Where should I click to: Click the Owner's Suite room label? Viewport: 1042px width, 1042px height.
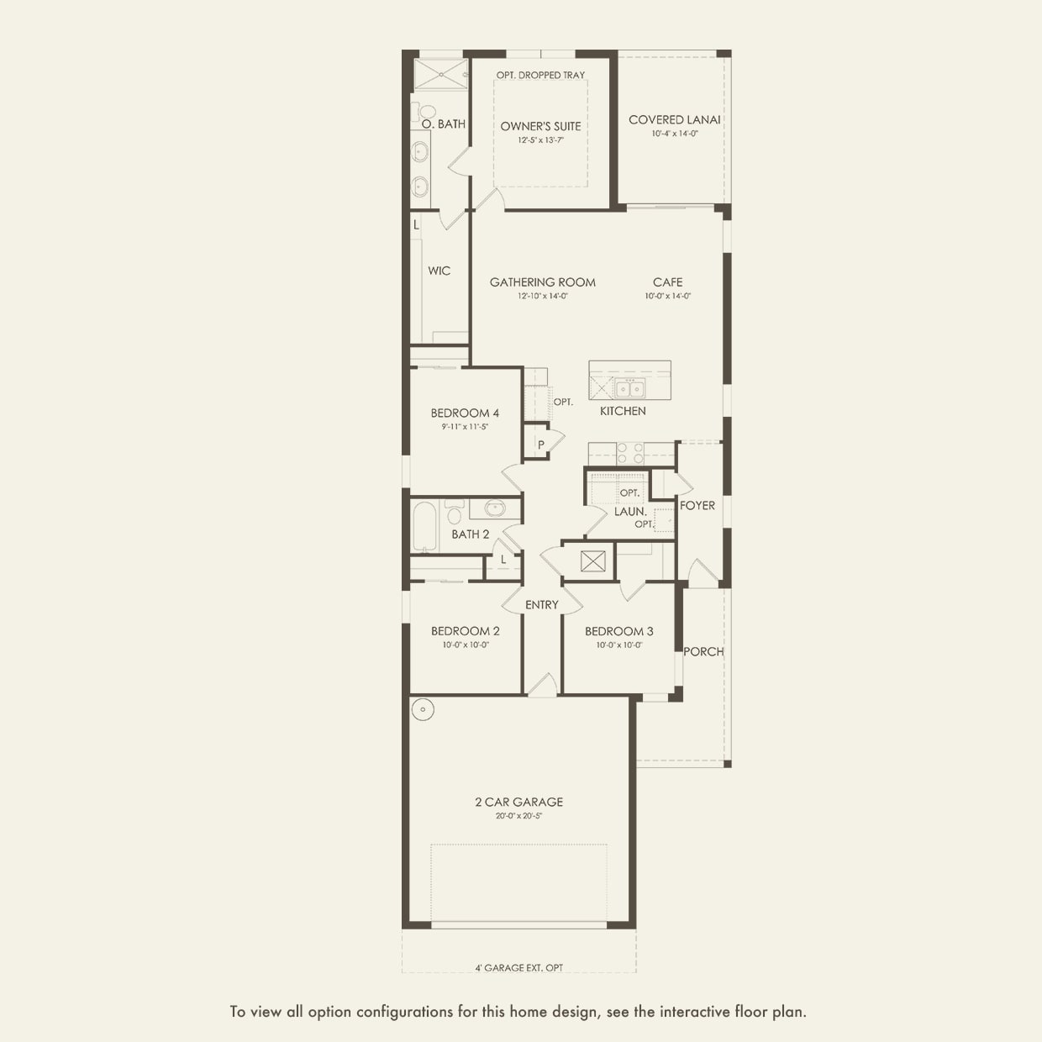point(540,127)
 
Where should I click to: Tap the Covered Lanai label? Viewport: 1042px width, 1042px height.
point(674,120)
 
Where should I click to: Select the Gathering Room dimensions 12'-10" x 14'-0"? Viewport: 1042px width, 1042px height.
point(542,297)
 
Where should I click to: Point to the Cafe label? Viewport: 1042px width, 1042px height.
point(667,282)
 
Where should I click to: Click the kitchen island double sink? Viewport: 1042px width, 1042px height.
point(629,387)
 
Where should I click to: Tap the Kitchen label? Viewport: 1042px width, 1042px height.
point(623,411)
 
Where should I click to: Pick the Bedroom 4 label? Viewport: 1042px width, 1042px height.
point(465,413)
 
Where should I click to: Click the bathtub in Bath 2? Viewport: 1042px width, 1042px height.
point(424,526)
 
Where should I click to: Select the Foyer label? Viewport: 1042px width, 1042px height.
point(697,506)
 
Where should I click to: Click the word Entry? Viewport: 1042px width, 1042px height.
point(541,605)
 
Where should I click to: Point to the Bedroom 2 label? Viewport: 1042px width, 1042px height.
point(465,631)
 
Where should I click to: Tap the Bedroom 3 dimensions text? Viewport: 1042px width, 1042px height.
point(619,645)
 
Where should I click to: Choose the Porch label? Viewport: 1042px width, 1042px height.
point(703,652)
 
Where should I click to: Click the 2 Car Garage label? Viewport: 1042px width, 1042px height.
point(518,802)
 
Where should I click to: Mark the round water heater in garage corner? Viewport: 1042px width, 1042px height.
point(423,709)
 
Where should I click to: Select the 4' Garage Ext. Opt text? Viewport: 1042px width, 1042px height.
point(518,968)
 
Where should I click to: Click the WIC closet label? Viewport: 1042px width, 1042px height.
point(439,271)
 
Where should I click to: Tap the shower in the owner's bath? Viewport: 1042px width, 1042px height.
point(440,74)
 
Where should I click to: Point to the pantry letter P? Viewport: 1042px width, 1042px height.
point(540,445)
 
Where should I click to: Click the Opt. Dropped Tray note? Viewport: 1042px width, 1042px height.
point(540,75)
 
